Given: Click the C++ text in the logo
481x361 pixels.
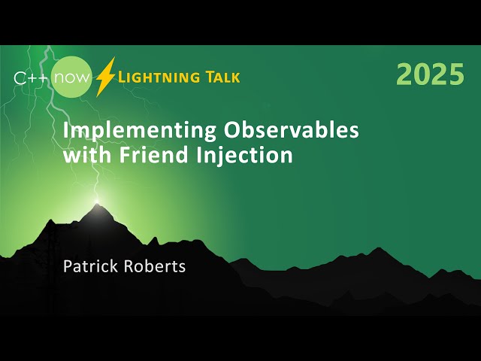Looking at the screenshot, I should pyautogui.click(x=32, y=77).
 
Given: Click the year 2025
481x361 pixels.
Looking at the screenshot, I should pyautogui.click(x=430, y=75).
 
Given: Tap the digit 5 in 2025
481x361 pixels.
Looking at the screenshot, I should pyautogui.click(x=455, y=75).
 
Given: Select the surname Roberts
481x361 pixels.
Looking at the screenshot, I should pyautogui.click(x=154, y=266).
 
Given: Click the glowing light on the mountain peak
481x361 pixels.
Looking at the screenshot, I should pyautogui.click(x=97, y=202).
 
